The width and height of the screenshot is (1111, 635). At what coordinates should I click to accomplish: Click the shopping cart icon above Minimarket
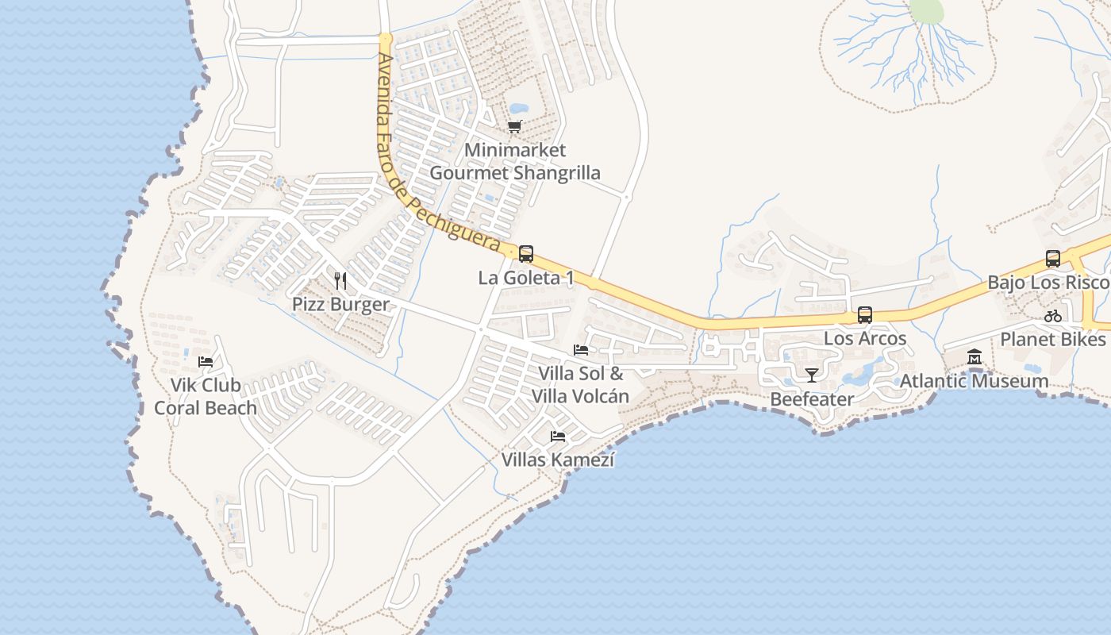(515, 126)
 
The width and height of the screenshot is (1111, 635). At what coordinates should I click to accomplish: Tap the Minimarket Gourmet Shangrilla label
(515, 161)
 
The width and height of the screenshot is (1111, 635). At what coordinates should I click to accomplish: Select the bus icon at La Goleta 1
(525, 254)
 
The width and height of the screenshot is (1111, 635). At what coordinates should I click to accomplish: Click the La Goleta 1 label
(525, 278)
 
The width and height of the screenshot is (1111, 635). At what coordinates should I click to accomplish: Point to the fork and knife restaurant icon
(340, 280)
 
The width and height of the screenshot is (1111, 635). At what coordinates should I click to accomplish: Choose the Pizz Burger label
(340, 304)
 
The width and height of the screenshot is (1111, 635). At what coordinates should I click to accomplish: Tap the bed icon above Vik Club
(205, 362)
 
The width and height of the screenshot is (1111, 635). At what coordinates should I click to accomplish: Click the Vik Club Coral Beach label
(206, 397)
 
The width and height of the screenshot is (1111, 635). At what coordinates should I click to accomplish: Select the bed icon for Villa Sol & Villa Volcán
(581, 350)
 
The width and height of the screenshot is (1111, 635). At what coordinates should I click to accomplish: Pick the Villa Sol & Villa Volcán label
(581, 385)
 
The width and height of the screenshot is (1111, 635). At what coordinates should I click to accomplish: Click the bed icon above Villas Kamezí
(558, 437)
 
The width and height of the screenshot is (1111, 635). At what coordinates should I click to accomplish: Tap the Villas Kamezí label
(558, 460)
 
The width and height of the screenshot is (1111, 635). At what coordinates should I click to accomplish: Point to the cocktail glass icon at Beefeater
(811, 375)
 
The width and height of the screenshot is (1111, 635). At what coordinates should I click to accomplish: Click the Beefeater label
(812, 399)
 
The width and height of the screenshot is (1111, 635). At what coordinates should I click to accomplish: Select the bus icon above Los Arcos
(865, 315)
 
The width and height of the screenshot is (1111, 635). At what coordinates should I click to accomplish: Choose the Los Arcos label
(865, 338)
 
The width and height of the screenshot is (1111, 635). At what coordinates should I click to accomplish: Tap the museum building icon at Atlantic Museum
(975, 358)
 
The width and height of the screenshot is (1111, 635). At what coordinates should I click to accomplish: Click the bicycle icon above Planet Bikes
(1053, 316)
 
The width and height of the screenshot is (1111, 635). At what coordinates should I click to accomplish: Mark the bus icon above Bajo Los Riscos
(1053, 259)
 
